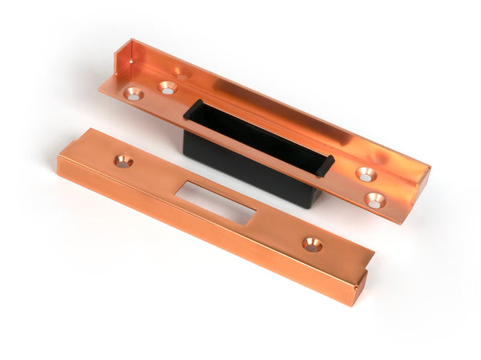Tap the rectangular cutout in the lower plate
pos(218,202)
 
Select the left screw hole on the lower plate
pos(123,161)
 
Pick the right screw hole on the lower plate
pos(312,245)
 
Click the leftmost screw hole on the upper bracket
pos(133,94)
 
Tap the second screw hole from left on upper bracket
pos(167,87)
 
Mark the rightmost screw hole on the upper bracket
pos(375,200)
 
